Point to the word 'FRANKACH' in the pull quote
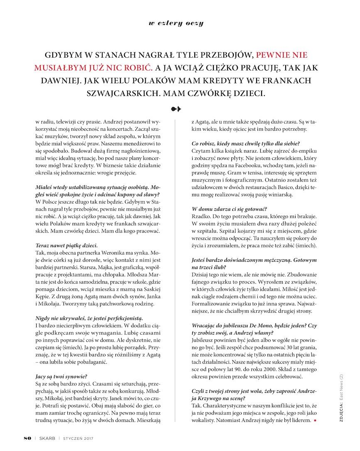click(x=285, y=80)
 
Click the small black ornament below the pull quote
click(x=176, y=109)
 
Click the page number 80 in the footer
click(x=27, y=438)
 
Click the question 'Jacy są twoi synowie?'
click(x=61, y=377)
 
